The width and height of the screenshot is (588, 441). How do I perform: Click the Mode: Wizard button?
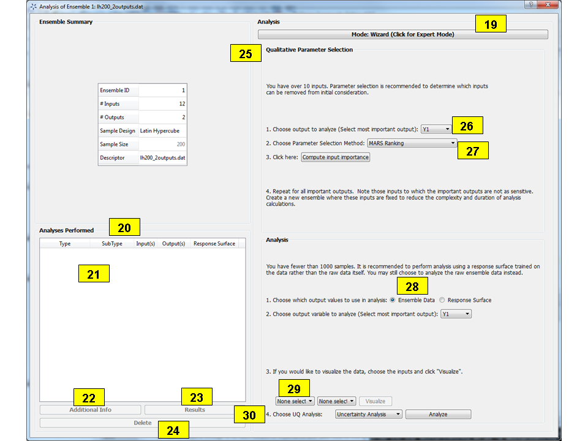[x=403, y=35]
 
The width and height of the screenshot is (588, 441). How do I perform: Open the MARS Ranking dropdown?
[x=412, y=143]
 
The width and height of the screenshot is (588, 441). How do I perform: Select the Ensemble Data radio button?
[x=393, y=300]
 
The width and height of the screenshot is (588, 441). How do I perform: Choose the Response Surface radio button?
[x=442, y=300]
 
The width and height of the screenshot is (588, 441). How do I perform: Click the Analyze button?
[x=438, y=414]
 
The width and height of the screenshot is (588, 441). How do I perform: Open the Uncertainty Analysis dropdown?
[x=369, y=414]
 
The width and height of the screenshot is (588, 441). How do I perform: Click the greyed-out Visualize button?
[x=375, y=401]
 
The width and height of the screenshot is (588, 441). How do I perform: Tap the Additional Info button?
[x=90, y=410]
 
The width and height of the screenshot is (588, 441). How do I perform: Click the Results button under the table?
[x=195, y=410]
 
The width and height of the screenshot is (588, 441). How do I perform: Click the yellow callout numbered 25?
[x=246, y=54]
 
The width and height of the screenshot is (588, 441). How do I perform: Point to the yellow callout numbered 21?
[x=94, y=274]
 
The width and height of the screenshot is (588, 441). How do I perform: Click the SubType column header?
[x=112, y=244]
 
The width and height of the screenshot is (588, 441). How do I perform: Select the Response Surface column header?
[x=214, y=244]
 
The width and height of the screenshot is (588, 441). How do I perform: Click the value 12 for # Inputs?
[x=163, y=104]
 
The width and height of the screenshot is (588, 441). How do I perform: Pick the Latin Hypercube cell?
[x=163, y=131]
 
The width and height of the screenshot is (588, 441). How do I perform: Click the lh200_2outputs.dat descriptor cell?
[x=163, y=158]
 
